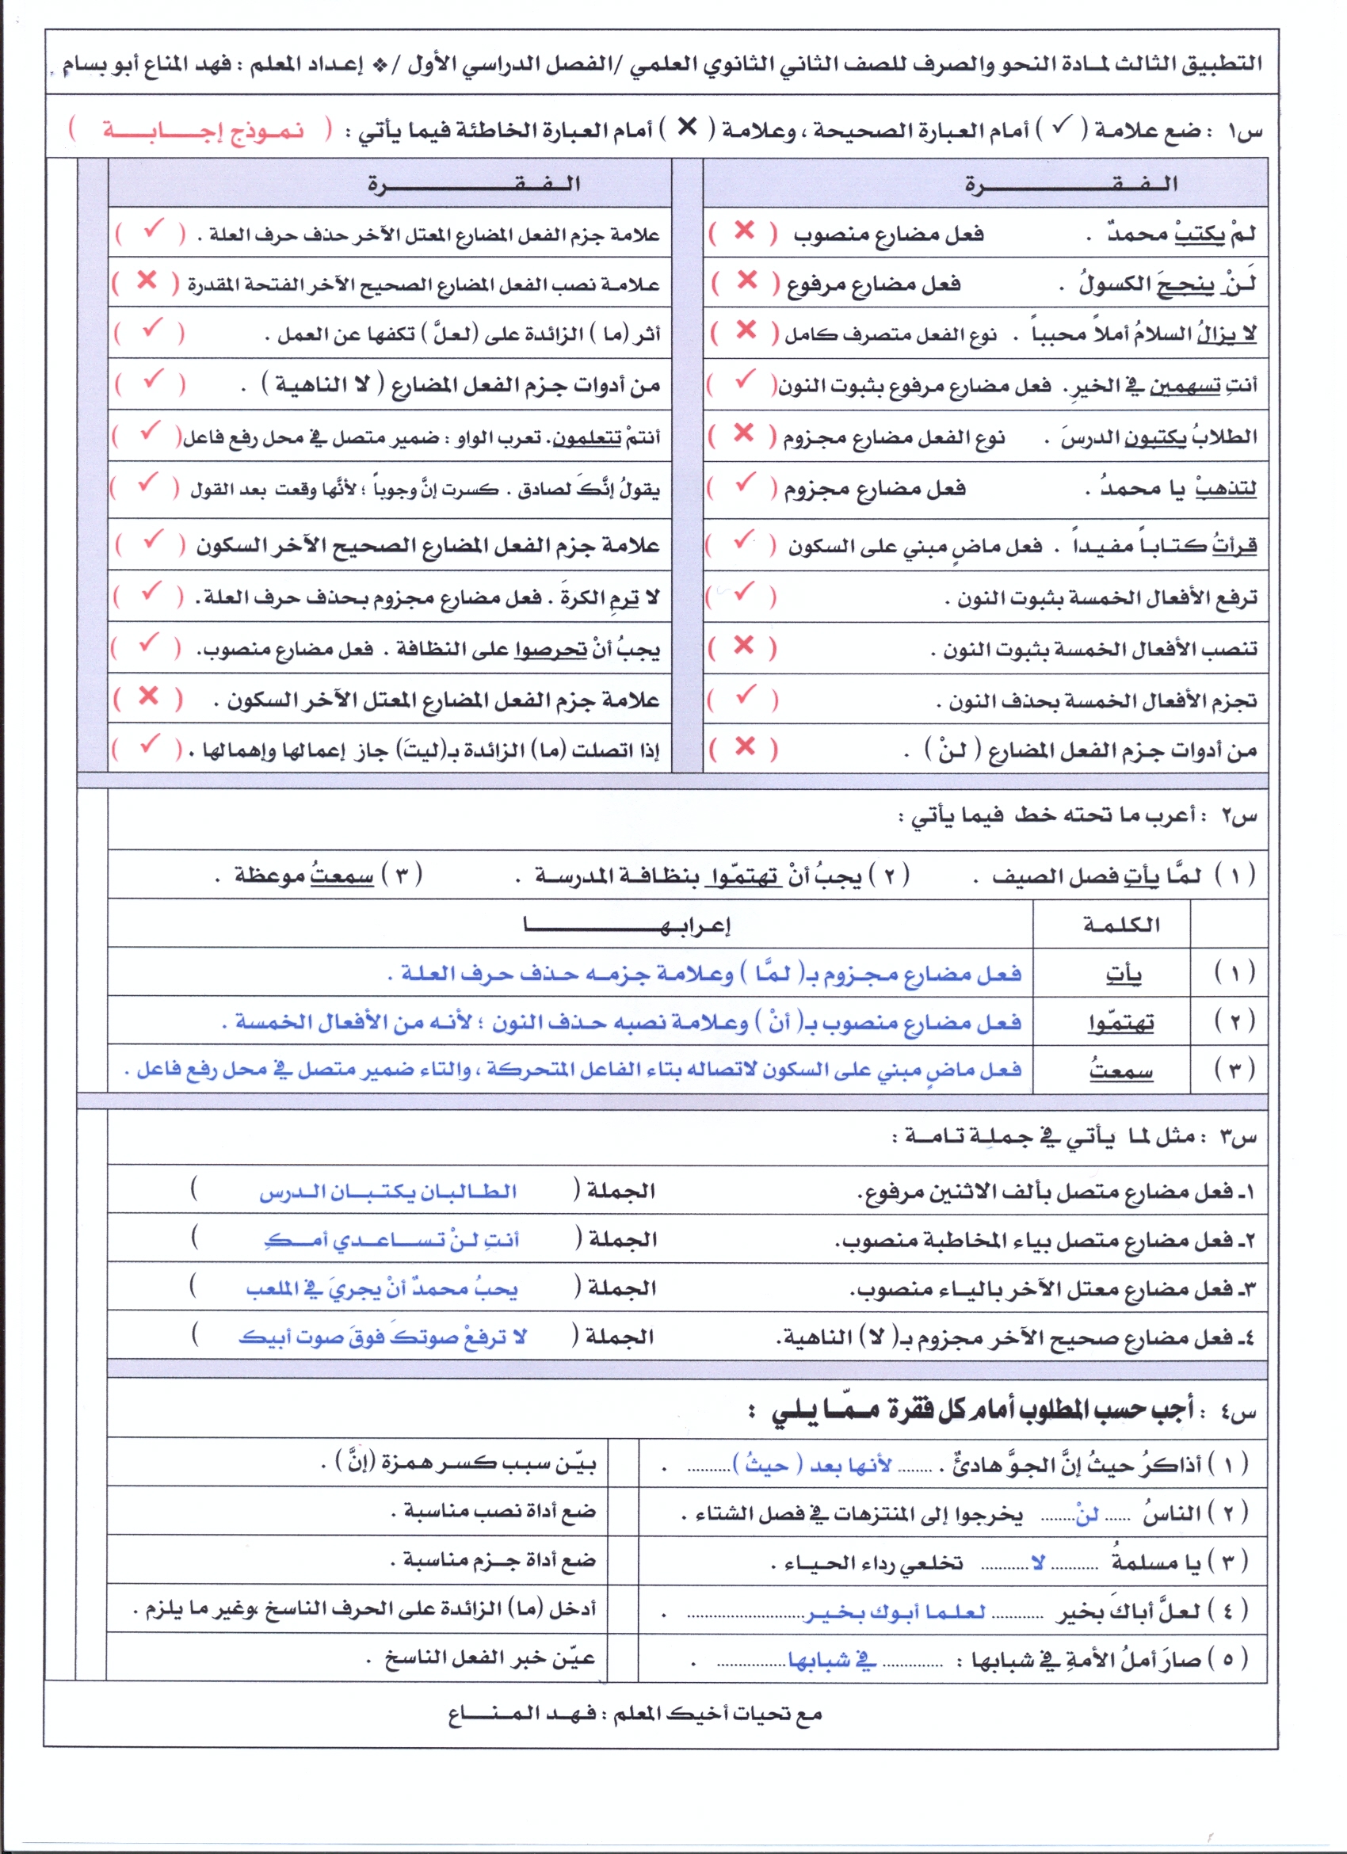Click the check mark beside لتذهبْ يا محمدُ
(745, 485)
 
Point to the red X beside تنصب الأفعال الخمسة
(743, 646)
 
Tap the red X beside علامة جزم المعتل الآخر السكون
(148, 696)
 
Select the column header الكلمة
(1121, 925)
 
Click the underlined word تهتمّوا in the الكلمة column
(1120, 1023)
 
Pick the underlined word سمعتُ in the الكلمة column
(1120, 1070)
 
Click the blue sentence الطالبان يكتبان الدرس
(388, 1192)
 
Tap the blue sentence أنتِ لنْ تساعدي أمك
(391, 1240)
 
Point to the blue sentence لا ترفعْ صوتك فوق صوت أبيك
(382, 1337)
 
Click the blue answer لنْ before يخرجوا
(1086, 1515)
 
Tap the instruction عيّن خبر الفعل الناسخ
(490, 1658)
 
